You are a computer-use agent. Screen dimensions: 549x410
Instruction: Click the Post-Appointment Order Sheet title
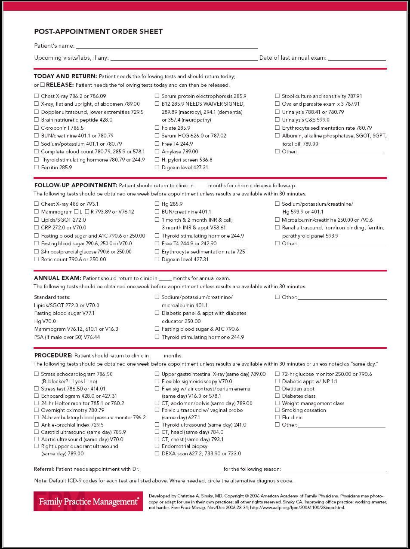98,31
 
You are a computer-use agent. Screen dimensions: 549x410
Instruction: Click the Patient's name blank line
167,46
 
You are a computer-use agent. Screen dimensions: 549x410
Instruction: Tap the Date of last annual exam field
357,58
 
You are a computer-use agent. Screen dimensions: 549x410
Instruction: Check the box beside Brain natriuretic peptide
37,120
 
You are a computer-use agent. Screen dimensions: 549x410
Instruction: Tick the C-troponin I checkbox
37,128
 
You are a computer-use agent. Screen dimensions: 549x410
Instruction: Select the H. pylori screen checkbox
157,159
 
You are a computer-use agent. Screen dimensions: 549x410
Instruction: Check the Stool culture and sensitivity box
277,96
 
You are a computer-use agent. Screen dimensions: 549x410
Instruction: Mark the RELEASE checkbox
43,85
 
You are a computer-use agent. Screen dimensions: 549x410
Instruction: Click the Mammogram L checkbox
76,211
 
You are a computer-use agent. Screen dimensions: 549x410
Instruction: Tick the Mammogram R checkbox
87,211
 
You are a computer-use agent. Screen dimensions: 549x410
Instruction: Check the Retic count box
37,259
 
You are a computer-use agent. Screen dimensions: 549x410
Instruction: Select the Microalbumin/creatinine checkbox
277,220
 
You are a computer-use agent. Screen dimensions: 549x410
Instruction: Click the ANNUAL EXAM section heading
57,278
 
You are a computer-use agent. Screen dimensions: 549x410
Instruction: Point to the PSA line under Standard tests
67,337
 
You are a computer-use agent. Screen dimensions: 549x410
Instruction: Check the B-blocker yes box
72,381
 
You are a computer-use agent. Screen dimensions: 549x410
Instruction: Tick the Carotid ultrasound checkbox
37,432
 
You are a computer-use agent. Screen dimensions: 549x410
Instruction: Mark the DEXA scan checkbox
157,453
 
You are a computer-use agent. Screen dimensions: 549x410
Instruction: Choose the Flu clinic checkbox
277,417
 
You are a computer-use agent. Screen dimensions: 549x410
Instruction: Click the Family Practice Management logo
88,501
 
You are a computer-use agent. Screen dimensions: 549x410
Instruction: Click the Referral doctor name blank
181,469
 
